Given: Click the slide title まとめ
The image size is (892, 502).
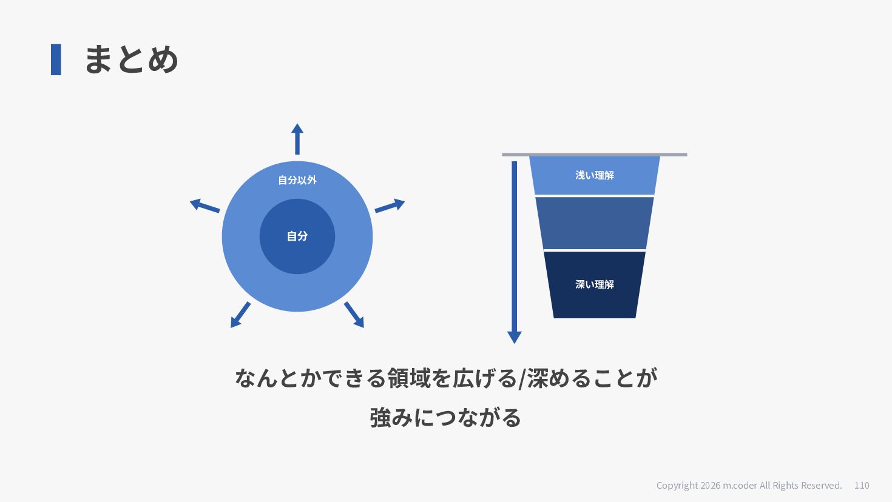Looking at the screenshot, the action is (132, 59).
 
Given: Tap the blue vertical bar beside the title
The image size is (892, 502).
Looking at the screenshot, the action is (56, 59).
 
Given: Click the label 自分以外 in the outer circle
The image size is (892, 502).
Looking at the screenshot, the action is (297, 180).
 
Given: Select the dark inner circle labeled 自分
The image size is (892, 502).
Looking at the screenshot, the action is (297, 236).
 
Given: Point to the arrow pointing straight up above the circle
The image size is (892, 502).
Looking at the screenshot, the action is (297, 139).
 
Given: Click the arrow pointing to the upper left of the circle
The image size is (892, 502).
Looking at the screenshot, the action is (204, 206).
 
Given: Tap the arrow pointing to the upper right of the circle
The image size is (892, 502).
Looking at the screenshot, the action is (390, 206).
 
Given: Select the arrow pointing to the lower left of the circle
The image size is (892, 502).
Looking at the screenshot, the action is (240, 315).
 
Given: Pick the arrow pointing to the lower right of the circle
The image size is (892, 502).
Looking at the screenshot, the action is (354, 315).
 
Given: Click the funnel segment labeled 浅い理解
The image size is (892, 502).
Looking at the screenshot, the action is (595, 175).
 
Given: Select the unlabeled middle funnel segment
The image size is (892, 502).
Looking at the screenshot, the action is (595, 223).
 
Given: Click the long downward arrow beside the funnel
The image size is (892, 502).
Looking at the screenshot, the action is (515, 252).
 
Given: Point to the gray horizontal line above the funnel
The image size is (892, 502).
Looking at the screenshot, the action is (595, 155).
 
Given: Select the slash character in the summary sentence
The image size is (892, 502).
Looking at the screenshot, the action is (522, 379).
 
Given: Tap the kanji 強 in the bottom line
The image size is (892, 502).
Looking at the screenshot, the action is (380, 418).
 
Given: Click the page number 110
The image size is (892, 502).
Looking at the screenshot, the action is (862, 486).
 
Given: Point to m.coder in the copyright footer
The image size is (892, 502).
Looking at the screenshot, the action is (740, 486).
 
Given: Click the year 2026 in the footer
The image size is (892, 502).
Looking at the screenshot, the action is (711, 486).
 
